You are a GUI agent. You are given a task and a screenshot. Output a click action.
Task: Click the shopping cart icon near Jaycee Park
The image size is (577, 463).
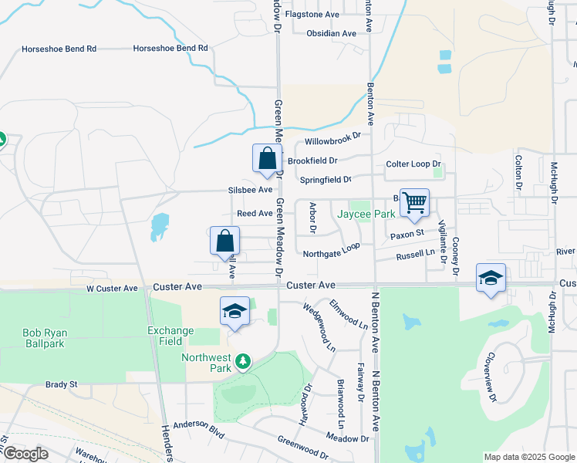414,203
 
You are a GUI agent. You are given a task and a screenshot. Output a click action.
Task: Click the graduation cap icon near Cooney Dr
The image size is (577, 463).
491,277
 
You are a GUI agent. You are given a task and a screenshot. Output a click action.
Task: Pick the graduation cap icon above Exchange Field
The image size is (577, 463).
235,310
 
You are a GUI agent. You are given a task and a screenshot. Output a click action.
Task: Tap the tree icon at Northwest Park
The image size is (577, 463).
243,360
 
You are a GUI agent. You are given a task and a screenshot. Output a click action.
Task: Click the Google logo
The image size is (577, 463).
25,453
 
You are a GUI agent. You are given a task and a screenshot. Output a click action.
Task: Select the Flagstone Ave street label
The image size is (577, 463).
312,14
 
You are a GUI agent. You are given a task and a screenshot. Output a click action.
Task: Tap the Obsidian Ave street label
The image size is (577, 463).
331,33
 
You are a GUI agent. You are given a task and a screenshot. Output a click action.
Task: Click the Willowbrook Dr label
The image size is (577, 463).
332,139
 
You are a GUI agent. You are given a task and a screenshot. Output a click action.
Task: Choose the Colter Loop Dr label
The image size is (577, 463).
413,164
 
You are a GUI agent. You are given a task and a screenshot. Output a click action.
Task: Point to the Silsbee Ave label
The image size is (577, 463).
250,189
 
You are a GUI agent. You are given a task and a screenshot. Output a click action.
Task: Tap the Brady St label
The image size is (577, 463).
62,384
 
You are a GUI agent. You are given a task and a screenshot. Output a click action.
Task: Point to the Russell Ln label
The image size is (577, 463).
415,255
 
